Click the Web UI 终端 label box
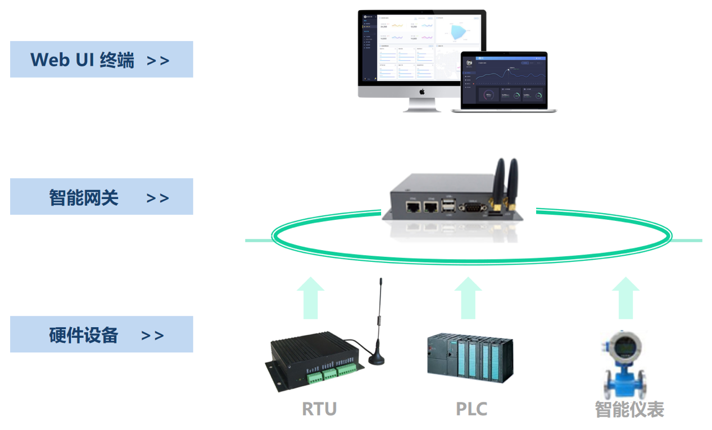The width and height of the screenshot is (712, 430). pyautogui.click(x=101, y=60)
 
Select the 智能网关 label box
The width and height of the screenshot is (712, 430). pyautogui.click(x=101, y=197)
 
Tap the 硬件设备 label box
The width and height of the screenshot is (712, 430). pyautogui.click(x=101, y=334)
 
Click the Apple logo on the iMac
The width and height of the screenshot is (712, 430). pyautogui.click(x=422, y=90)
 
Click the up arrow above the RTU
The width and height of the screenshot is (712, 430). pyautogui.click(x=311, y=298)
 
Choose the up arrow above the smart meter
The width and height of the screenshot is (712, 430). pyautogui.click(x=625, y=298)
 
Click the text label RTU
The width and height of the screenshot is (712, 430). pyautogui.click(x=319, y=409)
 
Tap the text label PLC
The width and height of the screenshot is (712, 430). pyautogui.click(x=471, y=409)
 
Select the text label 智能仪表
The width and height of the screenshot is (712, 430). pyautogui.click(x=629, y=409)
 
